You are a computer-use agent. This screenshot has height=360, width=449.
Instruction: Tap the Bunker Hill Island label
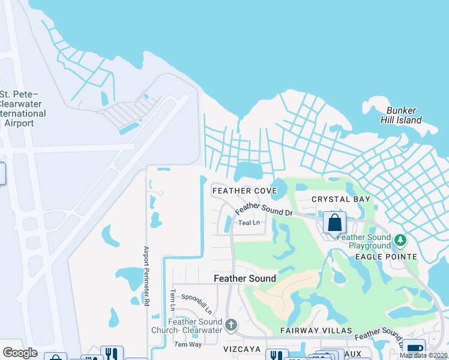point(404,115)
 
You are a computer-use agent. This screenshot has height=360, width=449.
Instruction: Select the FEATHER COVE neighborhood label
point(244,191)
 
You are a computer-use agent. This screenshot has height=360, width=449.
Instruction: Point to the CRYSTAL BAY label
point(341,199)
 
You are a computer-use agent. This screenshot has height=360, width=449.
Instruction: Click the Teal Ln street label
point(249,223)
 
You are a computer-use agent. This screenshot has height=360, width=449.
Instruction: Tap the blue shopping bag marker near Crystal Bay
point(334,223)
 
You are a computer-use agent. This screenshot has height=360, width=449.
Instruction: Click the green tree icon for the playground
point(400,241)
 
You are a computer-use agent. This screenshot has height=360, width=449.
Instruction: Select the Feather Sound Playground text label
point(364,241)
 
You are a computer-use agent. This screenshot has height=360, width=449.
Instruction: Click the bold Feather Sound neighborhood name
point(246,278)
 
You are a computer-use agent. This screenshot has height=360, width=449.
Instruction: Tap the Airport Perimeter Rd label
point(145,276)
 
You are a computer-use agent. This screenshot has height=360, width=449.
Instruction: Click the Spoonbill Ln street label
point(196,304)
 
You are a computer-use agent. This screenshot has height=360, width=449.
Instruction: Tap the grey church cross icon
point(231,326)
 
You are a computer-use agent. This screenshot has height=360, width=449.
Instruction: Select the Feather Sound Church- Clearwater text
point(195,326)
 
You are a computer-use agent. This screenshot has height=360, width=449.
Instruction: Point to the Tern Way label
point(187,344)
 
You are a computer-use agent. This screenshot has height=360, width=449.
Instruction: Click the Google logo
point(20,353)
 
